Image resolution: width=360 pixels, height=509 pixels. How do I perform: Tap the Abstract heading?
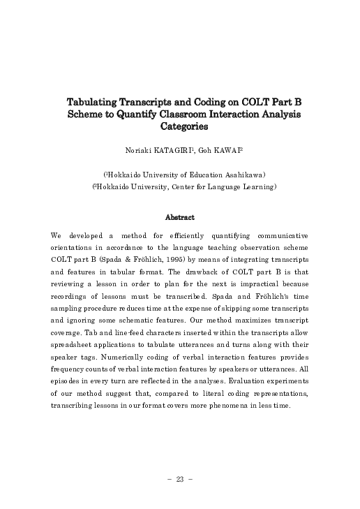[180, 217]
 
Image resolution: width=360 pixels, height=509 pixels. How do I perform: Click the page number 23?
[180, 479]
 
